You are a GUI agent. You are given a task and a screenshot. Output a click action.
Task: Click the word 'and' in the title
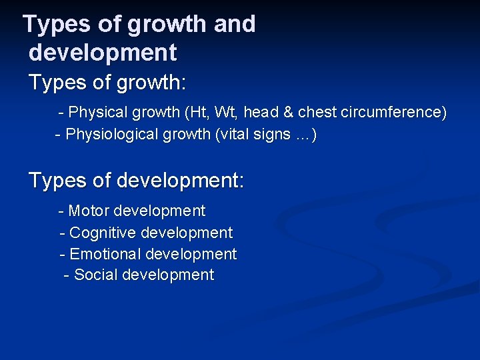click(x=235, y=24)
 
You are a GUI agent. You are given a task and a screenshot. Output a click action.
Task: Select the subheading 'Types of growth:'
click(x=107, y=83)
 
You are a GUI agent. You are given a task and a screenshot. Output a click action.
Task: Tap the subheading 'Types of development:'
click(x=136, y=181)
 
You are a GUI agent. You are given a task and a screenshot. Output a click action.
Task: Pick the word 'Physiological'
click(x=110, y=135)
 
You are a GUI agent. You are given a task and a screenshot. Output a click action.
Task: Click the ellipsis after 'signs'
click(x=302, y=135)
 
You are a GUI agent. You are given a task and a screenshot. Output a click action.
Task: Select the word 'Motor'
click(x=89, y=211)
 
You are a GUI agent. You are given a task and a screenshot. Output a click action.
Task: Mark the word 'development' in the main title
click(x=103, y=52)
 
